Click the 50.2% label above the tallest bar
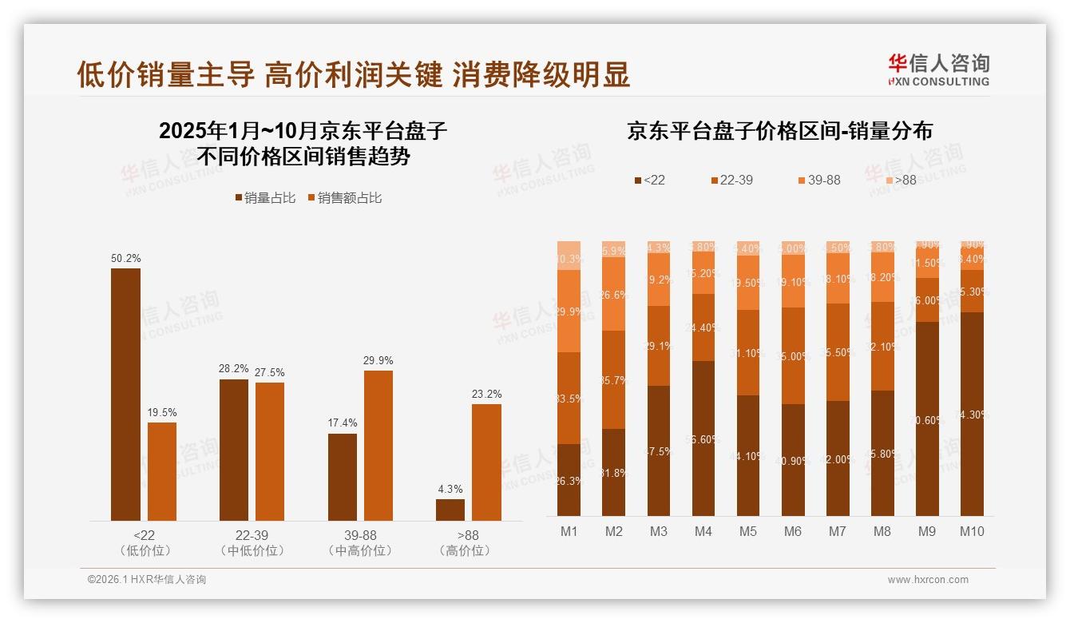tap(125, 259)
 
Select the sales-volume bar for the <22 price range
tap(125, 395)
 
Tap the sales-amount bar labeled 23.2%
tap(486, 462)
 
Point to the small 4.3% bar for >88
tap(450, 510)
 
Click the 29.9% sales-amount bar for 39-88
tap(378, 446)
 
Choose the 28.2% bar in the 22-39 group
tap(234, 450)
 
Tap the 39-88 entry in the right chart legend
tap(818, 181)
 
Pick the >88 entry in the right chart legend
tap(900, 181)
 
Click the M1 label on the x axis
tap(569, 531)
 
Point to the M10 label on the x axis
tap(972, 531)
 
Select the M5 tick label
tap(747, 531)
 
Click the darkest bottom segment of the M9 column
tap(927, 419)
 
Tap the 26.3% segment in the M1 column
tap(569, 480)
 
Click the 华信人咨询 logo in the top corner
tap(938, 69)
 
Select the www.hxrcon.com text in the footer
tap(928, 580)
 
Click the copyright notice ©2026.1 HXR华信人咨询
tap(147, 580)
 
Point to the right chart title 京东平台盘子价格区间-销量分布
tap(779, 131)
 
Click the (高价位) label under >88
tap(465, 550)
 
